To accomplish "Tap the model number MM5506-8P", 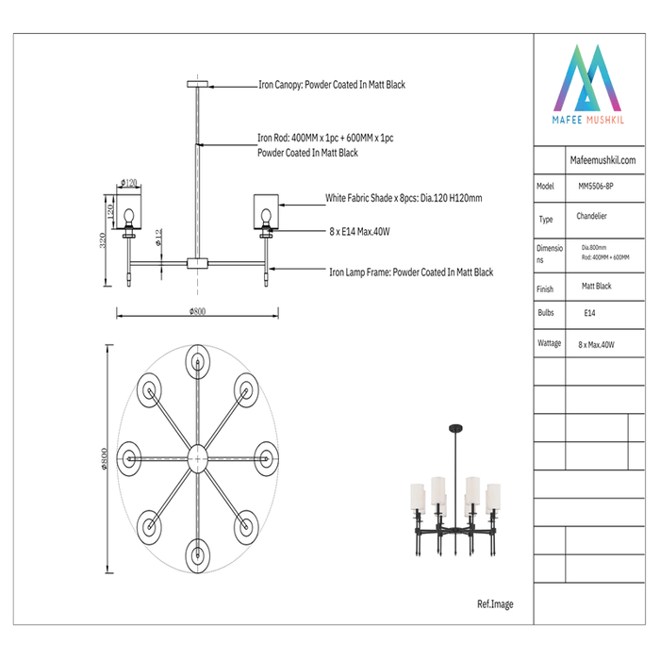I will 597,187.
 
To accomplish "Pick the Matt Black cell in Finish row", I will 596,285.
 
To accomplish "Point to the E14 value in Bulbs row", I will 589,312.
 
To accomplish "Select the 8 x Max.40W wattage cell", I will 596,345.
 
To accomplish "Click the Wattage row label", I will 549,344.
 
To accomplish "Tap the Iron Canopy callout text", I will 332,85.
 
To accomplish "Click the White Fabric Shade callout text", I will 404,199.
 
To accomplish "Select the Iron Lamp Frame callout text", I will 411,272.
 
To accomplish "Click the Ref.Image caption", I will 496,604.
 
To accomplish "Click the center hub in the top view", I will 197,457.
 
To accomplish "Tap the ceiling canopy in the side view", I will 198,85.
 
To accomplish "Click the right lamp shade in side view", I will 267,211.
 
